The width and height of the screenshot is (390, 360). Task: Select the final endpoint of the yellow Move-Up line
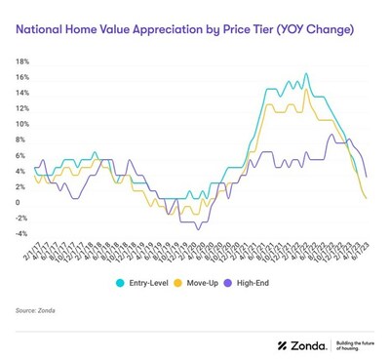coord(366,198)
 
